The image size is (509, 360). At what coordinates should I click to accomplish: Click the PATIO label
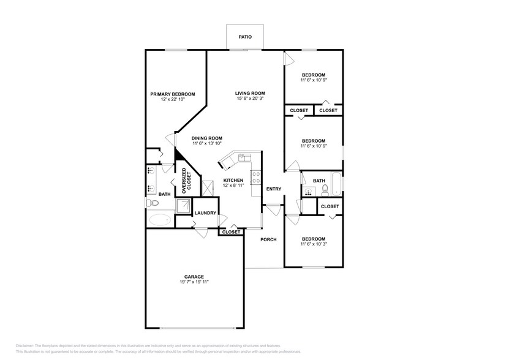[x=245, y=37]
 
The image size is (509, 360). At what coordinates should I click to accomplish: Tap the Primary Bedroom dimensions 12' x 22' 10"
[x=173, y=99]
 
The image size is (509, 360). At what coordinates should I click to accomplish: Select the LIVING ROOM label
[x=249, y=93]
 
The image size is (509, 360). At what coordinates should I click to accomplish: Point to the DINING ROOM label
[x=206, y=138]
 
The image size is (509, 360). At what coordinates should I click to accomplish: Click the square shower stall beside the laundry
[x=183, y=206]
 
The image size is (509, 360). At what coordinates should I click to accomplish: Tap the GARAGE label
[x=194, y=276]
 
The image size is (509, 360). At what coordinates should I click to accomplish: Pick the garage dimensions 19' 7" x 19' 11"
[x=194, y=282]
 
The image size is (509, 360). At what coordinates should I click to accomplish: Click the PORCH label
[x=268, y=239]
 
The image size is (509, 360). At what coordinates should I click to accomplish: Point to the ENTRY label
[x=273, y=189]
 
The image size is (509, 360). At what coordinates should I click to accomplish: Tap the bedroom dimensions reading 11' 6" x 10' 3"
[x=312, y=244]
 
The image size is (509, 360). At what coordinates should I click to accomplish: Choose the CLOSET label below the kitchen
[x=231, y=232]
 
